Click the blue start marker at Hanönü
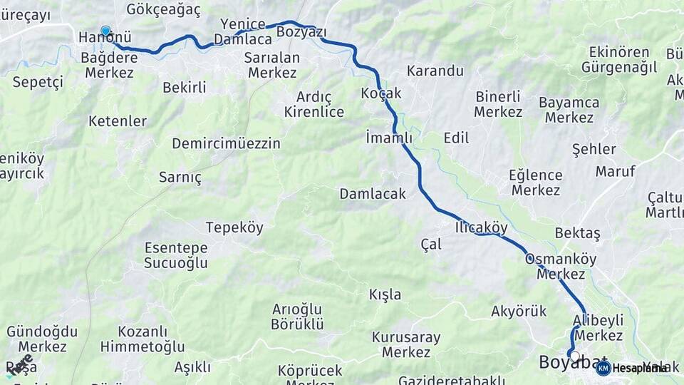(x=105, y=31)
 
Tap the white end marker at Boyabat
(x=574, y=354)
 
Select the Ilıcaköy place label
(x=481, y=227)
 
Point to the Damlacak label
(x=373, y=193)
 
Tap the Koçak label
(x=381, y=93)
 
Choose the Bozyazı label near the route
(x=301, y=32)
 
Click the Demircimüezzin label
(x=226, y=143)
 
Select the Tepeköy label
(x=234, y=228)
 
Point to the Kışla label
(x=385, y=294)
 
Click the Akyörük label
(x=519, y=311)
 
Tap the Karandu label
(x=435, y=71)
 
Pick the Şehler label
(x=594, y=149)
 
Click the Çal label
(x=431, y=244)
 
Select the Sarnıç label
(x=180, y=178)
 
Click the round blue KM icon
(x=603, y=368)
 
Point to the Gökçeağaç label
(x=163, y=9)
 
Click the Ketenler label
(x=118, y=121)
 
